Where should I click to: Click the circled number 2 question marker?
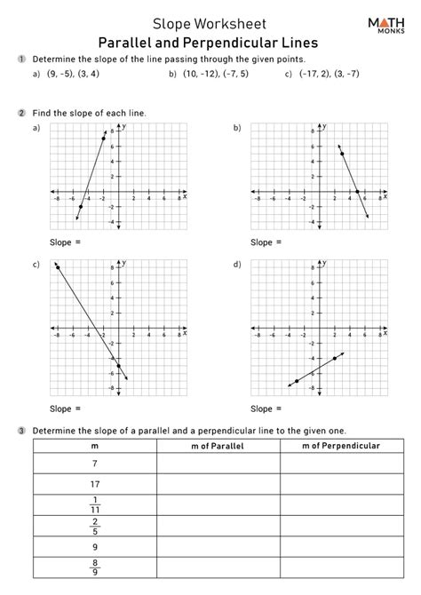tap(20, 114)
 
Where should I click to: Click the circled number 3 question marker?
tap(20, 430)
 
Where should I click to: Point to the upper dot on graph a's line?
tap(104, 139)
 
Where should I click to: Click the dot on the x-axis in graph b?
tap(357, 191)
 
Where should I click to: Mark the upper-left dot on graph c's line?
tap(58, 266)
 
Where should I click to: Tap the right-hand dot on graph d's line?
tap(334, 358)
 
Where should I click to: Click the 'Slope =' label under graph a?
tap(68, 242)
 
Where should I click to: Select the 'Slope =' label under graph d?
tap(266, 409)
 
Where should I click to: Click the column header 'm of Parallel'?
tap(218, 446)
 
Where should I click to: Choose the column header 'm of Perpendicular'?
tap(341, 446)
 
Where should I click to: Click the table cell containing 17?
tap(95, 484)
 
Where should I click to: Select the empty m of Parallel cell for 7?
tap(218, 464)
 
